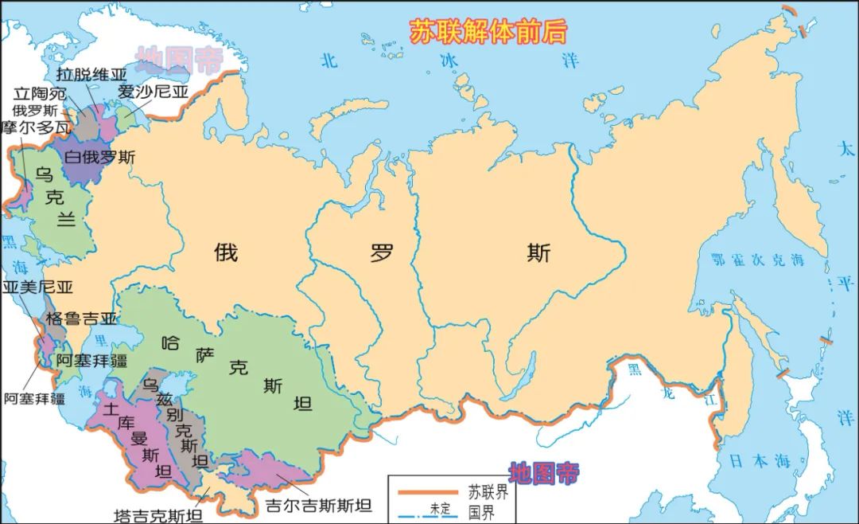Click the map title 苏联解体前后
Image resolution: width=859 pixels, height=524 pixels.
pos(488,31)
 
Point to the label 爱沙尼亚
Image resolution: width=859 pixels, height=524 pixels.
pos(153,91)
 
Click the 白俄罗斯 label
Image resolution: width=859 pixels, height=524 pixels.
pos(100,157)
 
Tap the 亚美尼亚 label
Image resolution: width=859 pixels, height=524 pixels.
pos(37,287)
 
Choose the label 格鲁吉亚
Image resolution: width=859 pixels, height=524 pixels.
pos(80,319)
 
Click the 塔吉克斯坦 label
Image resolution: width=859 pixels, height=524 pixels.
pos(158,514)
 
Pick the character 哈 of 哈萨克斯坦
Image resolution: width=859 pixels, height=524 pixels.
pos(170,344)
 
